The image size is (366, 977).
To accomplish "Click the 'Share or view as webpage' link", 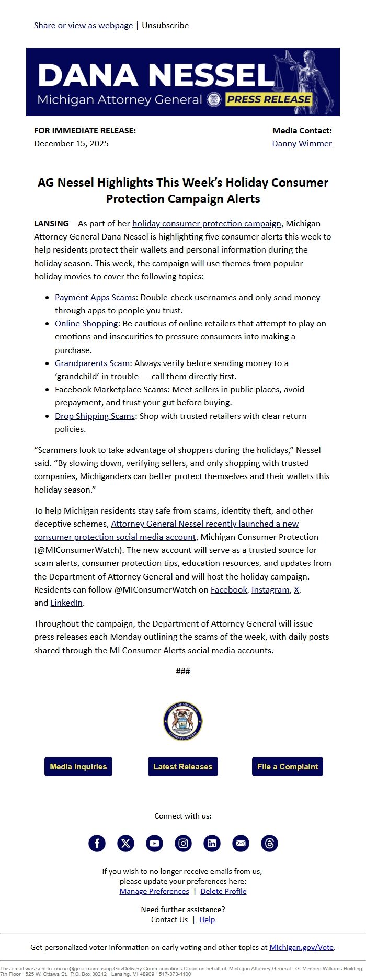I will [83, 25].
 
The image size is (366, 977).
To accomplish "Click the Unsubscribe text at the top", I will [165, 25].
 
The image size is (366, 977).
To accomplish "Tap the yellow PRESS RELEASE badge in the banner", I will [269, 99].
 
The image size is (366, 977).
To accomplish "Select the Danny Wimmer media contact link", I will [302, 143].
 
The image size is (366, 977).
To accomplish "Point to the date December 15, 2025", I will [71, 143].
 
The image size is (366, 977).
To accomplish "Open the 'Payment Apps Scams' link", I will [95, 297].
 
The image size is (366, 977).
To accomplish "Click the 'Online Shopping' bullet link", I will [86, 323].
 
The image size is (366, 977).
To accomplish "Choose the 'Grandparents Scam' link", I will [92, 363].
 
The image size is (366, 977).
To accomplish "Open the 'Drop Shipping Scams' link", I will [95, 416].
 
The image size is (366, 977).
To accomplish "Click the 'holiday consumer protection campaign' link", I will [207, 223].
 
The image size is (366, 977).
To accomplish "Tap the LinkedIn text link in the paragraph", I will [66, 603].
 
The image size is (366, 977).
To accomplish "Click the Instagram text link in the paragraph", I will [270, 589].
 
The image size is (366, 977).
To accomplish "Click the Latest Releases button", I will [183, 766].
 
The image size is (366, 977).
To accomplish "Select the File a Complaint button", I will [287, 766].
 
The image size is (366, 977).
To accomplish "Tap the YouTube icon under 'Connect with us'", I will [154, 843].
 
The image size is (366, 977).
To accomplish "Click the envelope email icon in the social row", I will [241, 843].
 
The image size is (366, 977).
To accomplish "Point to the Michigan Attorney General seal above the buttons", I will [183, 721].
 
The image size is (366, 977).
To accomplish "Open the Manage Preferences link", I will [154, 891].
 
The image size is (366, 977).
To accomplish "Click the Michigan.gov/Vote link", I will [302, 947].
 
